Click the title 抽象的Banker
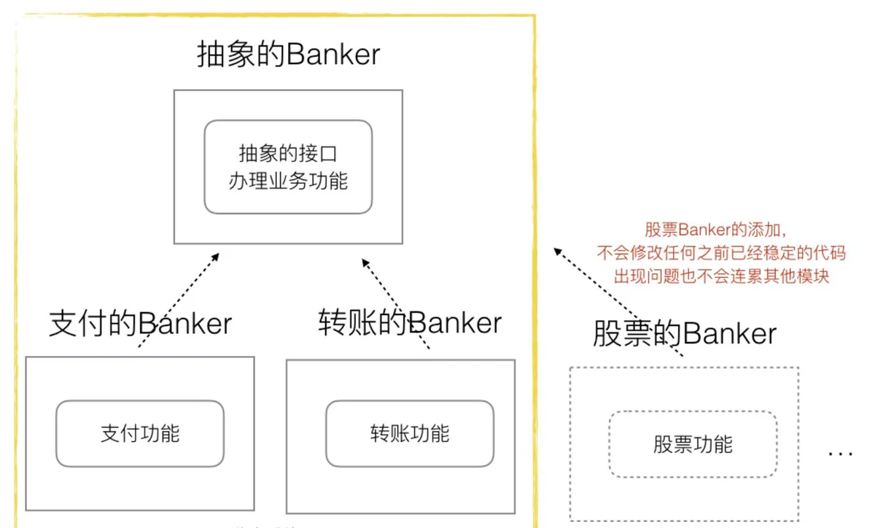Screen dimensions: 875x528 (288, 54)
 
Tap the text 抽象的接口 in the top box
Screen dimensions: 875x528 (288, 153)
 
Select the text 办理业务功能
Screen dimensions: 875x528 (288, 181)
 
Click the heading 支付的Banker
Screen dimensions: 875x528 (140, 323)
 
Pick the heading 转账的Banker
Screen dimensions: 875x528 (410, 322)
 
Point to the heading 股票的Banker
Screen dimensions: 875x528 (685, 333)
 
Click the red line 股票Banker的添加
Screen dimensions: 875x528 (715, 230)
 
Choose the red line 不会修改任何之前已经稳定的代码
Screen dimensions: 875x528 (721, 253)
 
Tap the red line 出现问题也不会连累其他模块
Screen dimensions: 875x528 (721, 276)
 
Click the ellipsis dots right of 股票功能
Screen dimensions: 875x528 (841, 454)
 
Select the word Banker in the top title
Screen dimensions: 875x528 (333, 54)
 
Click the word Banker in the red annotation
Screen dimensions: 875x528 (704, 230)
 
